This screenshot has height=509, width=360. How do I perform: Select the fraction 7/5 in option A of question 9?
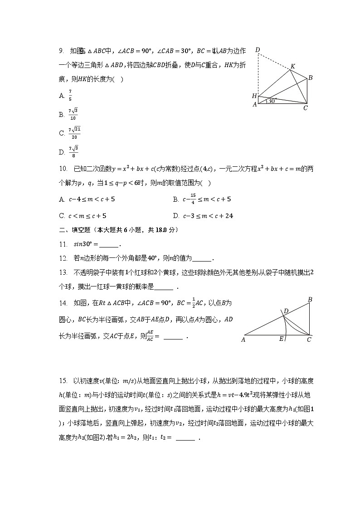pos(70,95)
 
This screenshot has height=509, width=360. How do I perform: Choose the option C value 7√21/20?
pos(74,133)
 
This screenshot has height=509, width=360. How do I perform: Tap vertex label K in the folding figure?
pos(293,67)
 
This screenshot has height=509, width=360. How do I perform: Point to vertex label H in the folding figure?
pos(254,96)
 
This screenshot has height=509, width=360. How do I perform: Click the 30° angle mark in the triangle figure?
pos(271,101)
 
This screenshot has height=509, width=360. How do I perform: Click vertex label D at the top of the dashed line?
pos(258,50)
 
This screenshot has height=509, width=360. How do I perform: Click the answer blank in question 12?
pos(202,259)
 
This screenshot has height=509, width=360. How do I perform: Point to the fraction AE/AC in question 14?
pos(148,336)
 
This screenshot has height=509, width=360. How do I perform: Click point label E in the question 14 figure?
pos(281,339)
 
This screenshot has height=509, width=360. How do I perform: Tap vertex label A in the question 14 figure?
pos(243,339)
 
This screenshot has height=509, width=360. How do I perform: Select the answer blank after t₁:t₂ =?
pos(185,439)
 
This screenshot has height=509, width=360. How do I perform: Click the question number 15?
pos(63,380)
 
